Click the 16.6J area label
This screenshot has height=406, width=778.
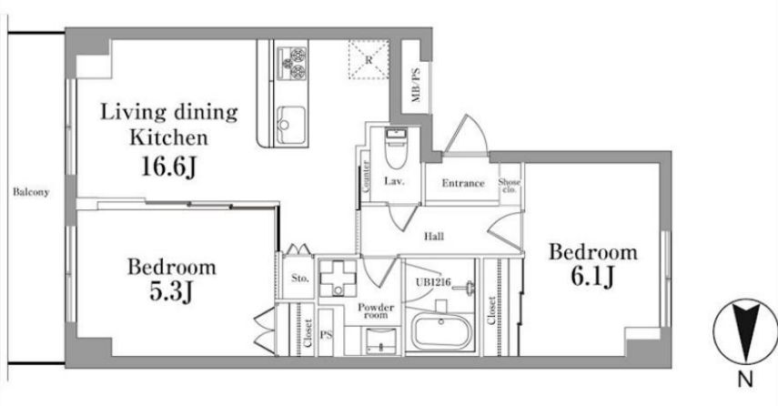[x=169, y=167]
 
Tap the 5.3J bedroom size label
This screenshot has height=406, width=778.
[x=171, y=293]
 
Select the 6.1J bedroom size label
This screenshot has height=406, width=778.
[x=592, y=277]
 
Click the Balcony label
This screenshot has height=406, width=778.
[x=31, y=192]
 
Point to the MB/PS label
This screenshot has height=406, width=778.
[x=416, y=85]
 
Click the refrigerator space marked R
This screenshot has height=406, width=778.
[x=369, y=59]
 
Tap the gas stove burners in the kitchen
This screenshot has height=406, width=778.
[x=291, y=63]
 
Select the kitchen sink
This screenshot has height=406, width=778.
[x=291, y=125]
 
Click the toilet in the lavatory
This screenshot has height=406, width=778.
[x=396, y=147]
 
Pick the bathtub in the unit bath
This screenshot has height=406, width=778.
[x=442, y=333]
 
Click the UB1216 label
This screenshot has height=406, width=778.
[x=432, y=282]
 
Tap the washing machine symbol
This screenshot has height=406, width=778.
[x=338, y=278]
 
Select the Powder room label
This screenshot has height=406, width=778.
[x=376, y=310]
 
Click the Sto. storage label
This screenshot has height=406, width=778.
[x=299, y=279]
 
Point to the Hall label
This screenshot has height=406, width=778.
[x=434, y=237]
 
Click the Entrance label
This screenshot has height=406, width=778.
[x=463, y=183]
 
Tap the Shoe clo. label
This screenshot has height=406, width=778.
[x=510, y=186]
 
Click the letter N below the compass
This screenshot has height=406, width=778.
[x=745, y=380]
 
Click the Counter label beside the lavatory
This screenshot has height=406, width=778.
[x=366, y=177]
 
